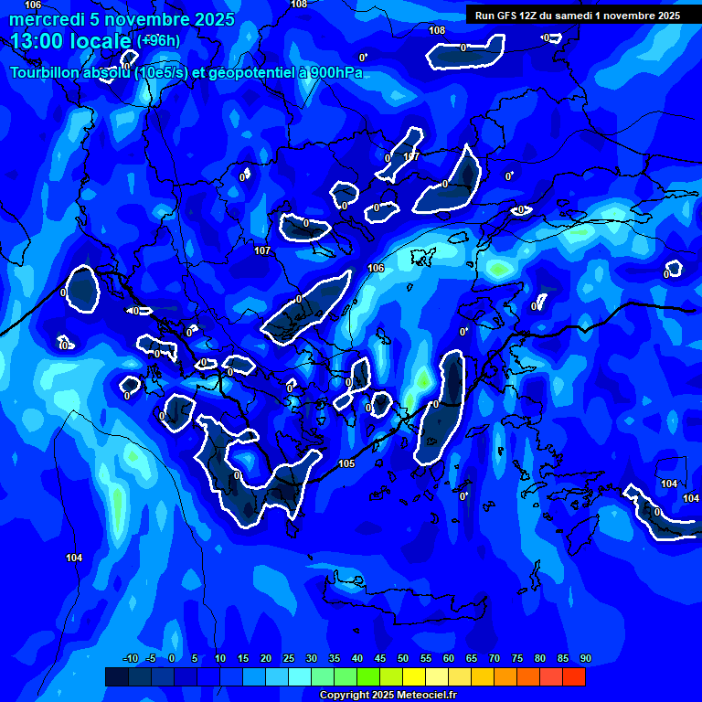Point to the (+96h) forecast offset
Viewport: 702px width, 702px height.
[x=158, y=41]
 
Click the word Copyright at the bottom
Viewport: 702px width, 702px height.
[x=347, y=696]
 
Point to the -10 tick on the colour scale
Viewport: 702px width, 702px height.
[x=130, y=658]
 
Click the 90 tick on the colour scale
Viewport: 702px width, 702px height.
[x=585, y=658]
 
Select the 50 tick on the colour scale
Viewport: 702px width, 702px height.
[x=402, y=658]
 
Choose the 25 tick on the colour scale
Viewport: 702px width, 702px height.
[x=288, y=658]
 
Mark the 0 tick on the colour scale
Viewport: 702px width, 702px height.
[x=172, y=658]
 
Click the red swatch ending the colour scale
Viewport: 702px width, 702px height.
[x=573, y=676]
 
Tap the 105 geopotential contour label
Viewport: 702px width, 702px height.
[x=346, y=463]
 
